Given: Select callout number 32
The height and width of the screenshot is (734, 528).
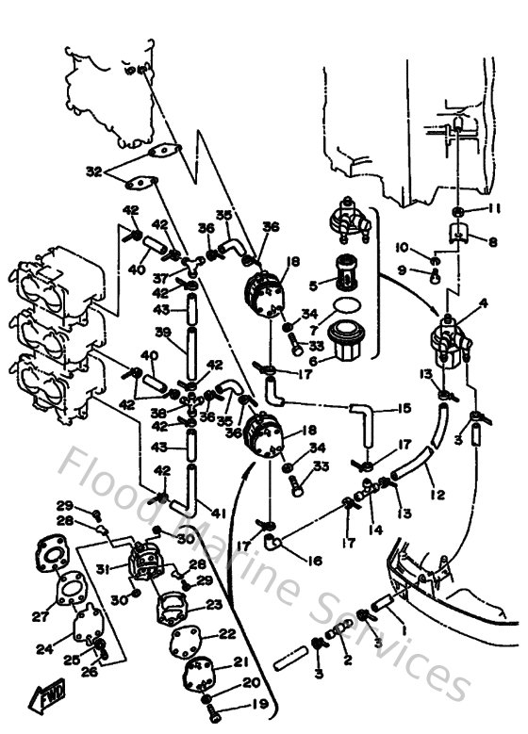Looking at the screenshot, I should point(92,171).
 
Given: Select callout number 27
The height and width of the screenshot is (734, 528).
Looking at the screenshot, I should point(40,617).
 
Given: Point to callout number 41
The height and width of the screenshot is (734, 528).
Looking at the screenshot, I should point(219,513).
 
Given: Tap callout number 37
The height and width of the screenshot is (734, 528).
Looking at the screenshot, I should point(161,278).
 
